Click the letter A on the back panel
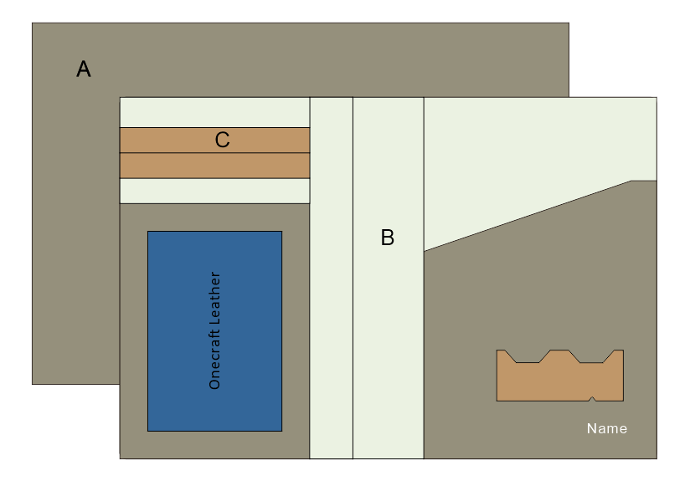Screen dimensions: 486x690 pos(84,69)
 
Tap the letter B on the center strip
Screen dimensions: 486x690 pos(387,238)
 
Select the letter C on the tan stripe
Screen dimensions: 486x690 pos(222,140)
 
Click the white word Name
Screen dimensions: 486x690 pos(606,428)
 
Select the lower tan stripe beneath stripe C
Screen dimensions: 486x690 pos(214,166)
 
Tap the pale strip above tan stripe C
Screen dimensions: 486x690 pos(214,112)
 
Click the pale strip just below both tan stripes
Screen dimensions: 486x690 pos(214,191)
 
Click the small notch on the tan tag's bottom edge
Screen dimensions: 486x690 pos(592,398)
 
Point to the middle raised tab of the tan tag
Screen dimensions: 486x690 pos(559,354)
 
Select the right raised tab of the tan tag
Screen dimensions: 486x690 pos(618,354)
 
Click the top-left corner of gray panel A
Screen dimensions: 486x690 pos(33,23)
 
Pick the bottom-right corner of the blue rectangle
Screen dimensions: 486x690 pos(281,431)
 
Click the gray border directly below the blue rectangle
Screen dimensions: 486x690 pos(214,444)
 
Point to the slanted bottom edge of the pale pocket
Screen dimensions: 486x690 pos(528,215)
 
